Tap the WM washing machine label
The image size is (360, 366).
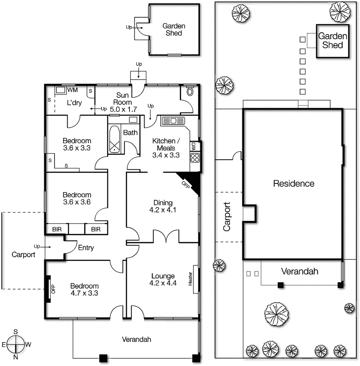tap(72, 90)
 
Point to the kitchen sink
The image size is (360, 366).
tap(172, 121)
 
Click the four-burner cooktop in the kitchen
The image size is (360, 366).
tap(195, 158)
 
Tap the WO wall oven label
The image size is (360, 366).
tap(193, 146)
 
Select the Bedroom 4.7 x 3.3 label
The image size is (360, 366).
tap(84, 290)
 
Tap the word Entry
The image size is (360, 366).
tap(86, 248)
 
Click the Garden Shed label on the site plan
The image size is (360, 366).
tap(333, 40)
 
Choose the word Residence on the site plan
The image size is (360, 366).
tap(294, 183)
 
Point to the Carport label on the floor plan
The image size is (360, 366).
tap(23, 255)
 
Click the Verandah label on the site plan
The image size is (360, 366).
tap(299, 271)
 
